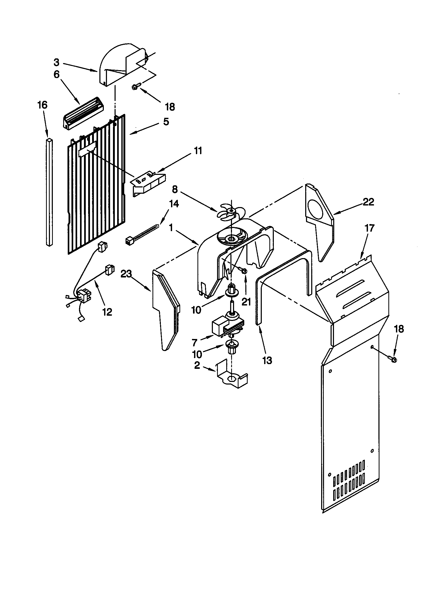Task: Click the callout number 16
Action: point(43,105)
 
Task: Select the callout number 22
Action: point(368,202)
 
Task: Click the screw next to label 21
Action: point(244,271)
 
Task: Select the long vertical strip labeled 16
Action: point(49,192)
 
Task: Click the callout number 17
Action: point(370,228)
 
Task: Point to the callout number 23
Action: point(126,274)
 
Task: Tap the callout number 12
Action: point(107,311)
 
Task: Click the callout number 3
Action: point(56,62)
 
